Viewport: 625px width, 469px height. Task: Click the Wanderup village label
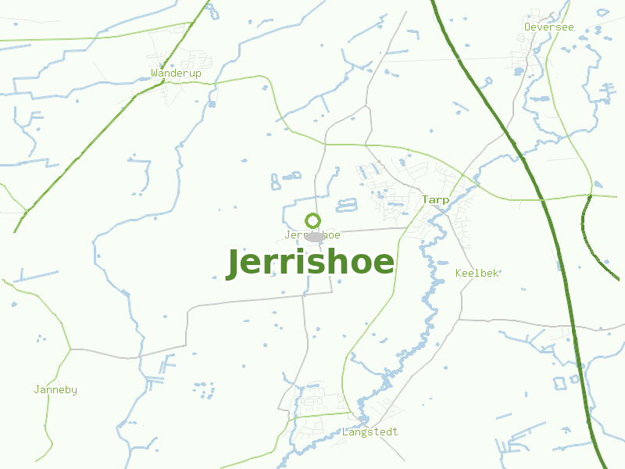tap(176, 73)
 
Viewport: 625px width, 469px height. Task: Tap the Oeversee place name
tap(548, 27)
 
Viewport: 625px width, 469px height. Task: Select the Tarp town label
tap(435, 200)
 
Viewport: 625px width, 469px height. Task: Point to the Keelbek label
tap(477, 274)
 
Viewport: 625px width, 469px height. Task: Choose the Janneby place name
tap(55, 390)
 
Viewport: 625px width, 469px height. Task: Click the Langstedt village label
tap(370, 432)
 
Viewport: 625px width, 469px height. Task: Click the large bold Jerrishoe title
tap(310, 263)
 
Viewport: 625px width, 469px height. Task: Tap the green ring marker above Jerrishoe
tap(313, 220)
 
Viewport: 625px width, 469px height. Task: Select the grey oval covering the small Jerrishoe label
tap(315, 236)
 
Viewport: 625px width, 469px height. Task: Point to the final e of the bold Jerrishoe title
tap(384, 265)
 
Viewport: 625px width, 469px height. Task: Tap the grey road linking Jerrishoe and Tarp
tap(367, 231)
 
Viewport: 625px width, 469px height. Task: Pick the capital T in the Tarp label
tap(425, 200)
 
